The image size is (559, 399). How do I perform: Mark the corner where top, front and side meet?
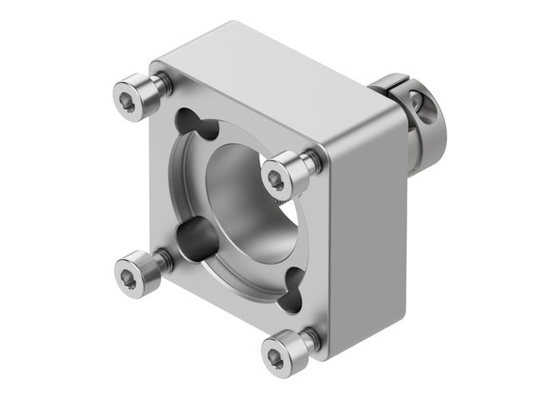coord(324,147)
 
